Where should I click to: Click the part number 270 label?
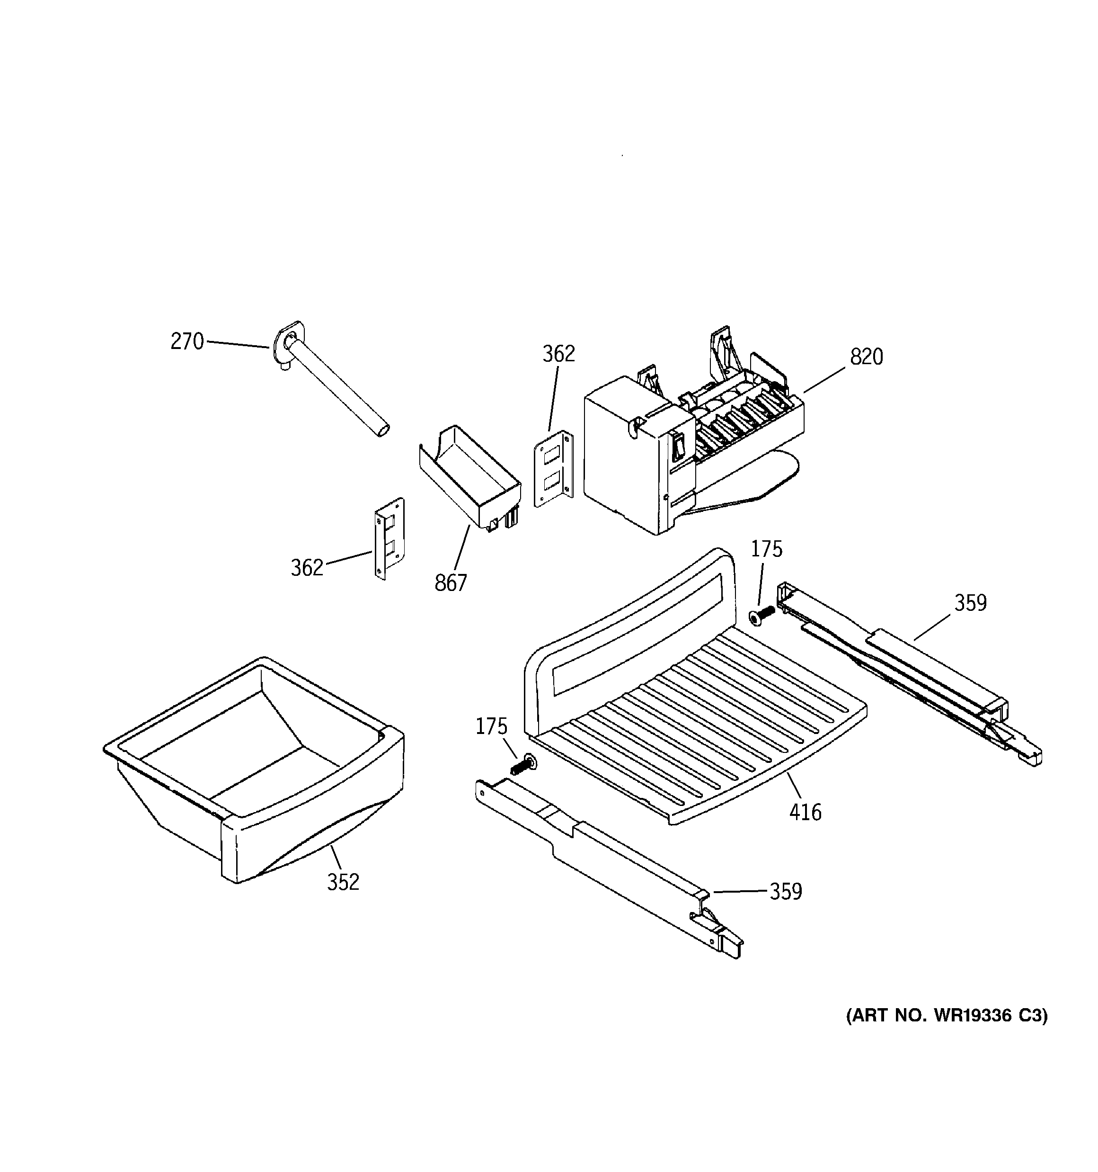click(x=187, y=341)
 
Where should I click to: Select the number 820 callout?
click(x=867, y=357)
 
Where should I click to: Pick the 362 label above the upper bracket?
click(x=558, y=354)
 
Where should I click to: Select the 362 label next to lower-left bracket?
click(x=307, y=568)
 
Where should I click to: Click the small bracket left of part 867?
click(x=390, y=537)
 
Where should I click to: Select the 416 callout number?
click(x=805, y=813)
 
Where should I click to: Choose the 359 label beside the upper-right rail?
click(x=970, y=602)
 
